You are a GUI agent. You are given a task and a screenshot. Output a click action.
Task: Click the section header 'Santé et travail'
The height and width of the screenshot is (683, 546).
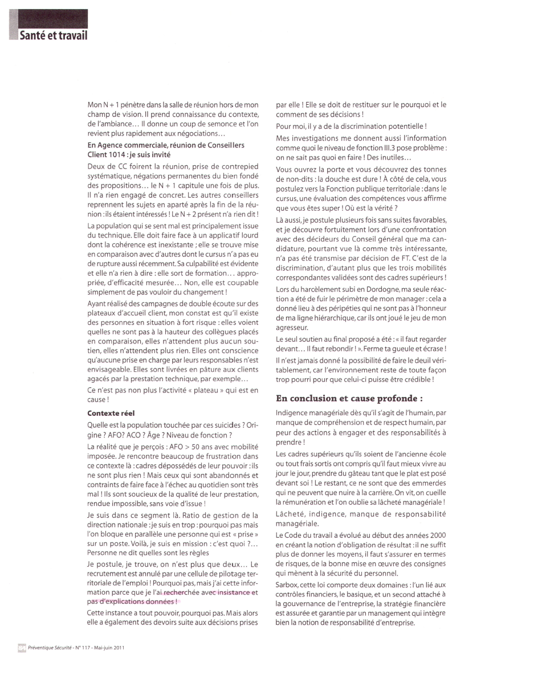click(54, 35)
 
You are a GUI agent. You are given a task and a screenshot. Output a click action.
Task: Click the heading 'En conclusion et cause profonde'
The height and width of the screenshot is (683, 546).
click(349, 398)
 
